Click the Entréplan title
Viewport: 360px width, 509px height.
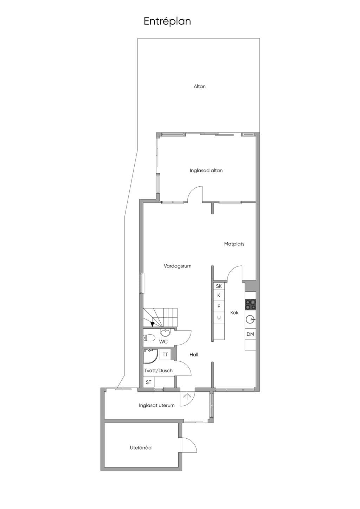pyautogui.click(x=167, y=21)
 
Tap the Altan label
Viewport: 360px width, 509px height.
pyautogui.click(x=200, y=86)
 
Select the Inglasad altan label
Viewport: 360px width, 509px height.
pyautogui.click(x=206, y=170)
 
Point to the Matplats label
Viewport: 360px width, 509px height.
pyautogui.click(x=234, y=244)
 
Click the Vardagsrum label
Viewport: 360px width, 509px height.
pyautogui.click(x=178, y=266)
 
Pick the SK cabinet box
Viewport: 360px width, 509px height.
pyautogui.click(x=219, y=286)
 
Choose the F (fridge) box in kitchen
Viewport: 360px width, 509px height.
pyautogui.click(x=219, y=307)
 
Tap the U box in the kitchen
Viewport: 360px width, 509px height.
pyautogui.click(x=219, y=318)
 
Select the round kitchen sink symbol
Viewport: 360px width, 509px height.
pyautogui.click(x=250, y=320)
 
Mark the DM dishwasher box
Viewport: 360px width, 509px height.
pyautogui.click(x=250, y=334)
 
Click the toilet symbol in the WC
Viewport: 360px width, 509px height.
pyautogui.click(x=149, y=338)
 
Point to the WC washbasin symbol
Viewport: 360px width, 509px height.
pyautogui.click(x=165, y=333)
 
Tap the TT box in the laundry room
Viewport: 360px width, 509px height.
pyautogui.click(x=165, y=354)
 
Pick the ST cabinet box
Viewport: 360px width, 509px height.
pyautogui.click(x=149, y=382)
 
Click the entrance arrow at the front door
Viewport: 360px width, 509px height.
pyautogui.click(x=187, y=397)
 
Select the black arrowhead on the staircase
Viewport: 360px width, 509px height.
pyautogui.click(x=152, y=324)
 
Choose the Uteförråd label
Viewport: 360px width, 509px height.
pyautogui.click(x=141, y=447)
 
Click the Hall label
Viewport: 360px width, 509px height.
pyautogui.click(x=194, y=354)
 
